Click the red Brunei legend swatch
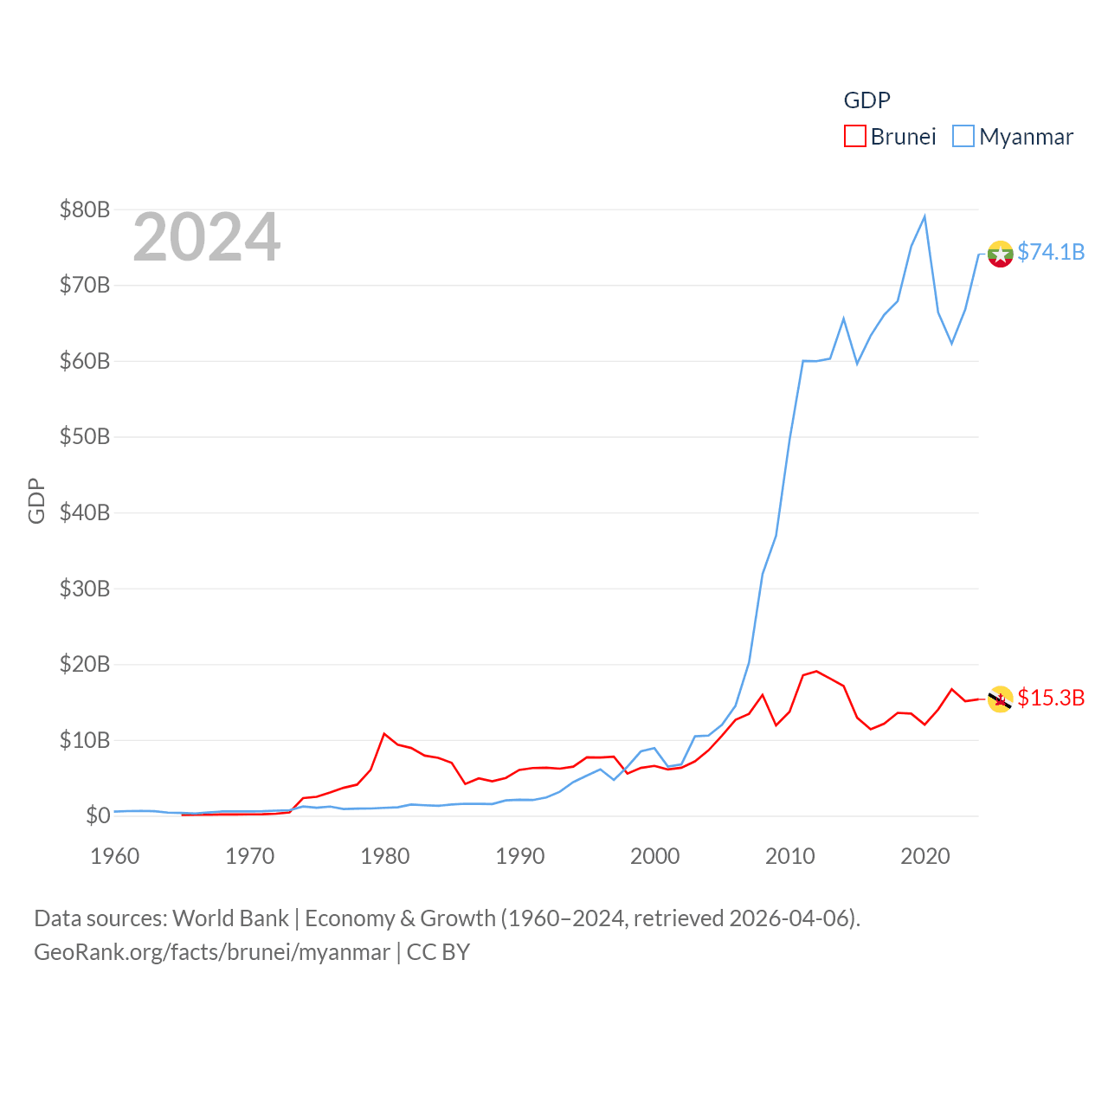click(x=854, y=137)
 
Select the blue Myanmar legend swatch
click(x=963, y=137)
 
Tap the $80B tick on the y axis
click(x=85, y=209)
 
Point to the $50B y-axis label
click(x=85, y=436)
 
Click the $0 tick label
click(x=98, y=815)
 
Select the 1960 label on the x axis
click(x=115, y=856)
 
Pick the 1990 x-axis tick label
click(x=520, y=856)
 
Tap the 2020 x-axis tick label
click(x=925, y=856)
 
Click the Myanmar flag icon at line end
click(x=1000, y=254)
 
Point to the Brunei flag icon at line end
click(x=1000, y=699)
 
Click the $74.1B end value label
click(x=1051, y=252)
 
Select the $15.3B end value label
click(x=1051, y=698)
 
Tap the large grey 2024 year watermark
click(x=207, y=237)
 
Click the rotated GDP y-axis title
click(x=36, y=500)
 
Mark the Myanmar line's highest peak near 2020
click(x=924, y=216)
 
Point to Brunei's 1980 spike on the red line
click(x=384, y=734)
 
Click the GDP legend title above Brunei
click(x=866, y=100)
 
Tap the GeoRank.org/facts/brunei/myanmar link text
click(x=212, y=952)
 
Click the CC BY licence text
click(x=438, y=952)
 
